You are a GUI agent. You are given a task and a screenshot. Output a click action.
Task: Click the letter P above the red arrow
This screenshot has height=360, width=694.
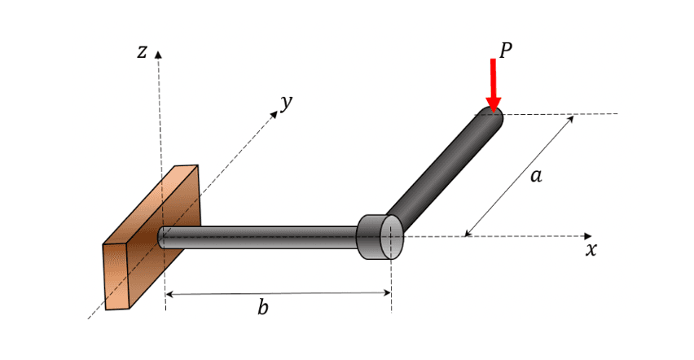(x=505, y=50)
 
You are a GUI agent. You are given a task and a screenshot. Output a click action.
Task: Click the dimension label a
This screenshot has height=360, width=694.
(x=535, y=175)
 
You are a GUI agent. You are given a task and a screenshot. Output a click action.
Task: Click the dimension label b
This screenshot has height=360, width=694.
(x=262, y=308)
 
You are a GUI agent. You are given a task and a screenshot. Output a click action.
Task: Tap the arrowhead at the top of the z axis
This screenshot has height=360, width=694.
(x=159, y=55)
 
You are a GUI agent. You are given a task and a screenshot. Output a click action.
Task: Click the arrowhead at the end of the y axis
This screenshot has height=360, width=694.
(x=275, y=112)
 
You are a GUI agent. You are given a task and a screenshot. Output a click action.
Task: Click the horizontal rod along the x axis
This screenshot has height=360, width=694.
(x=261, y=237)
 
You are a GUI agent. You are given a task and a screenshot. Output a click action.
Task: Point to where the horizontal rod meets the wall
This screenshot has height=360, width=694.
(x=163, y=237)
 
